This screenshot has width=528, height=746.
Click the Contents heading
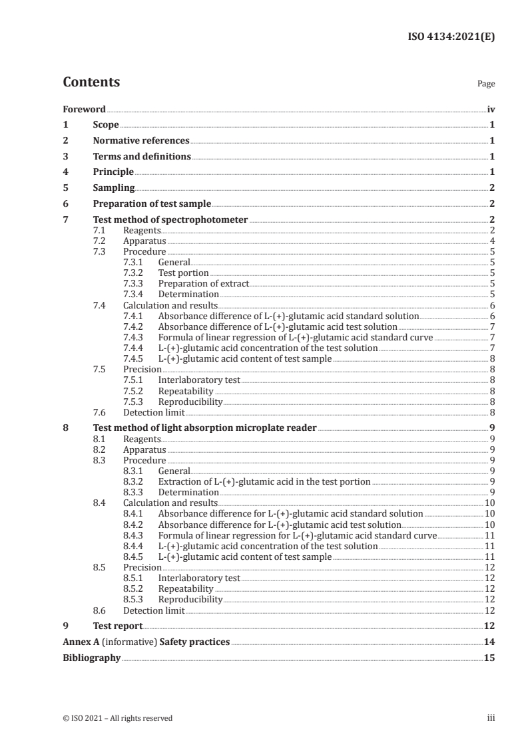pos(91,82)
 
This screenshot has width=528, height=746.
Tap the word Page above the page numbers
pos(486,84)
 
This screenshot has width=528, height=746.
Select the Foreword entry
pos(84,109)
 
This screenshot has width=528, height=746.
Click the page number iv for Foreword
pos(490,109)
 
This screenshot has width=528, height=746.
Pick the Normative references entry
pos(141,140)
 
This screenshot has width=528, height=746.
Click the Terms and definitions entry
pos(142,156)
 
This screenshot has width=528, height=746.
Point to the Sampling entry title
pos(114,187)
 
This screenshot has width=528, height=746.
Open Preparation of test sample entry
pos(152,203)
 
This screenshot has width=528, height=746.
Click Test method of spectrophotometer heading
pos(170,219)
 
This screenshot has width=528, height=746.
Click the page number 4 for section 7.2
pos(491,241)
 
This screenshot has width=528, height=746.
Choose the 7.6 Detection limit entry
pos(154,412)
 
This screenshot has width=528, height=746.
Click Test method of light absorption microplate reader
pos(204,428)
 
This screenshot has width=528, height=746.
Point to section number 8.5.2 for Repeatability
pos(135,588)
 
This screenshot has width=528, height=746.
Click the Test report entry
pos(118,626)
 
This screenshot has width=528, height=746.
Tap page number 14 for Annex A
pos(489,642)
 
